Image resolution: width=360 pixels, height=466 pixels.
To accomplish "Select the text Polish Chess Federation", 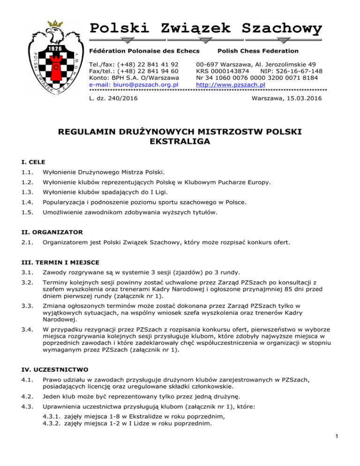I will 258,51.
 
